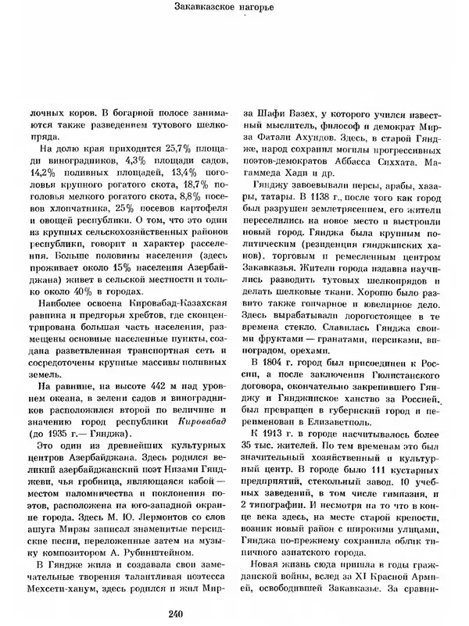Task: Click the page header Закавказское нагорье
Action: pyautogui.click(x=234, y=9)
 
